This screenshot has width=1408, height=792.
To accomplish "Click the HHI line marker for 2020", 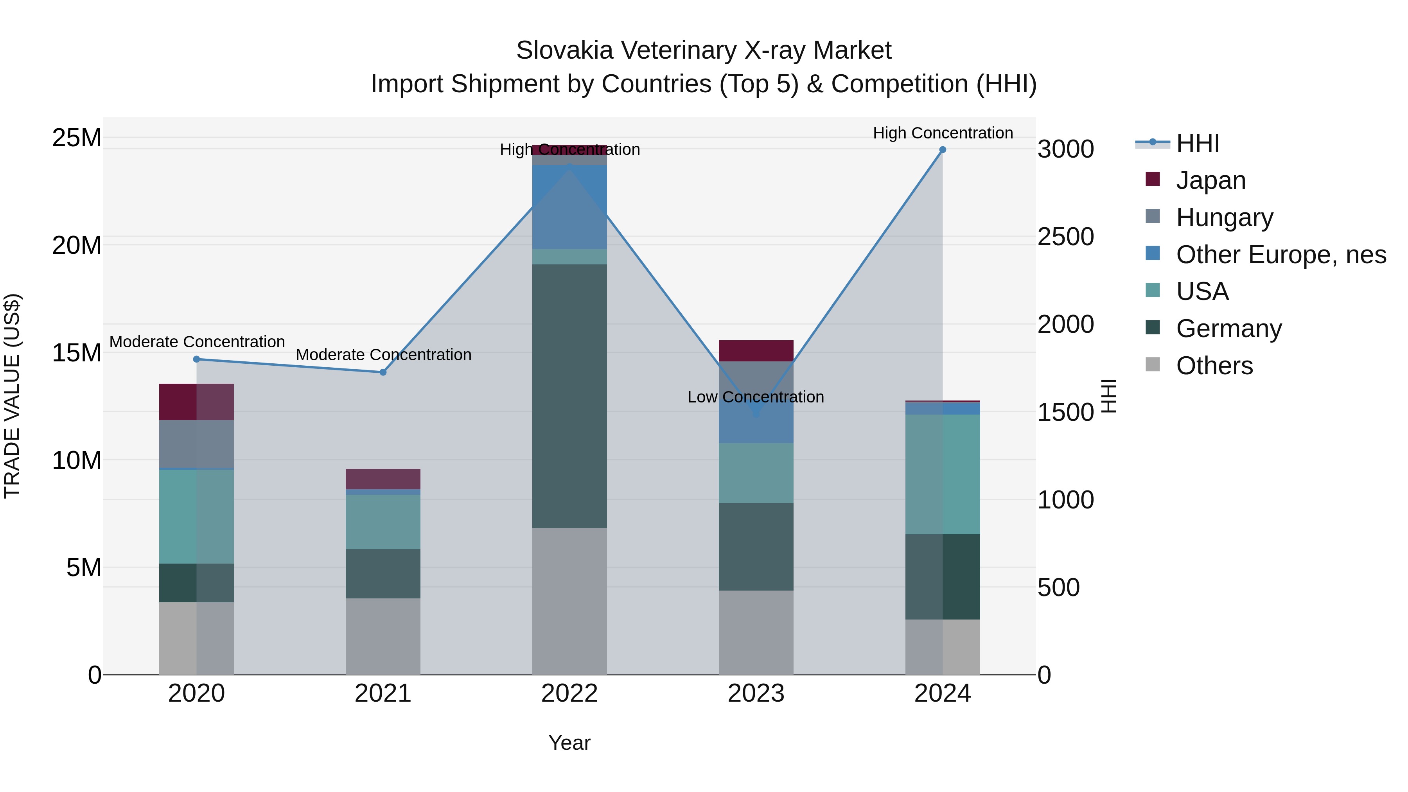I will [x=197, y=359].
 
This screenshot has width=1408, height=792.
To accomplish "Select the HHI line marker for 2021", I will [x=383, y=372].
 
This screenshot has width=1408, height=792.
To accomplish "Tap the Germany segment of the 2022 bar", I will [x=569, y=396].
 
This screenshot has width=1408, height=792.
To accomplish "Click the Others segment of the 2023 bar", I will [x=756, y=632].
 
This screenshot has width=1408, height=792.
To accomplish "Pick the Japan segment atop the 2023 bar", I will [x=756, y=351].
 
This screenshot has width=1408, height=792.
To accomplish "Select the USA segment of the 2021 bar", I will [x=383, y=522].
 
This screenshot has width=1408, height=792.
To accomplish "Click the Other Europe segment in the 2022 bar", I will [x=569, y=208].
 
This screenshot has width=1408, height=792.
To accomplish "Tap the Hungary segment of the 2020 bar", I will [x=197, y=444].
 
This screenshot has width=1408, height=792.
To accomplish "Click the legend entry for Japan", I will [x=1210, y=180].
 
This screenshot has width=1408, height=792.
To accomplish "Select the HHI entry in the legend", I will [x=1198, y=143].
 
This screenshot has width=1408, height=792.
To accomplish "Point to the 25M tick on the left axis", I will [x=77, y=138].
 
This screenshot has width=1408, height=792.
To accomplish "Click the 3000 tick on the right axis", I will [x=1065, y=149].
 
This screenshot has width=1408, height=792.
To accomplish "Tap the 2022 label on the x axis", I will [x=569, y=693].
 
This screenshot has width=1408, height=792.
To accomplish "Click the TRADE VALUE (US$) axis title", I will [x=12, y=396].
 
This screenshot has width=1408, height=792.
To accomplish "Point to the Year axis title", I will [x=569, y=743].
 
